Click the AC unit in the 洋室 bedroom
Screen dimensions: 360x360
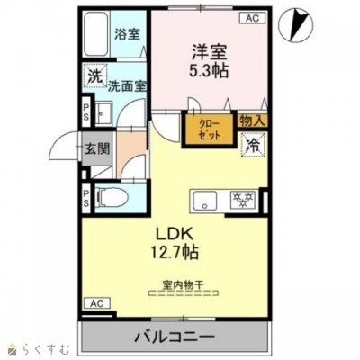pyautogui.click(x=252, y=18)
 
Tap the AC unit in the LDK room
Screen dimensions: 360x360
pyautogui.click(x=97, y=303)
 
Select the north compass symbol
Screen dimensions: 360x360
pyautogui.click(x=295, y=26)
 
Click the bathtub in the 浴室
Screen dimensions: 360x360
pyautogui.click(x=96, y=33)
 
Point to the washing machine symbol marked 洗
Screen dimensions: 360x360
pyautogui.click(x=95, y=76)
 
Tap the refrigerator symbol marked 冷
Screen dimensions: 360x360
pyautogui.click(x=254, y=146)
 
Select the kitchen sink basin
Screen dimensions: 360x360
pyautogui.click(x=205, y=201)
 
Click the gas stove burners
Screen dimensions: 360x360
pyautogui.click(x=242, y=200)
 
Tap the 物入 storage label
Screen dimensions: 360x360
pyautogui.click(x=253, y=121)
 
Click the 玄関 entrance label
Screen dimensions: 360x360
pyautogui.click(x=97, y=148)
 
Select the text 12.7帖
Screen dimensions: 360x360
pyautogui.click(x=175, y=252)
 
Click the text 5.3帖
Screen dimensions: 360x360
pyautogui.click(x=209, y=71)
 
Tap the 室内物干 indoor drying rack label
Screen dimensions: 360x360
pyautogui.click(x=184, y=284)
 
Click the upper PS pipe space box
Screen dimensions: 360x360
pyautogui.click(x=86, y=111)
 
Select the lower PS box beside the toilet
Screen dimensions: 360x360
pyautogui.click(x=86, y=198)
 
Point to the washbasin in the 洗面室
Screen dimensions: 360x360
pyautogui.click(x=103, y=112)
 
